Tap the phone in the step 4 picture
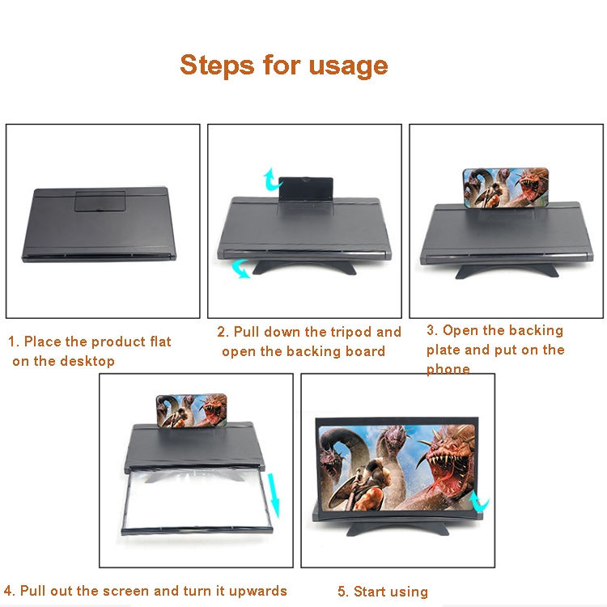(x=194, y=412)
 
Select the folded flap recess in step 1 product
(x=100, y=199)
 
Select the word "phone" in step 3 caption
(x=448, y=369)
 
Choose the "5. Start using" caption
(x=383, y=592)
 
